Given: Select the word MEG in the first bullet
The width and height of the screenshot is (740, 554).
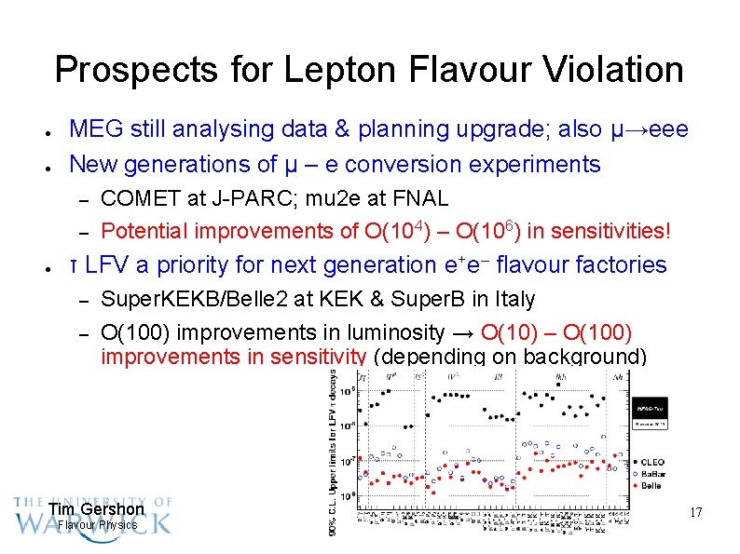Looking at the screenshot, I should click(x=94, y=129).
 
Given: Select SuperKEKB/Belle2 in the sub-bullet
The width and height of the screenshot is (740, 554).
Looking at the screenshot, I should click(x=187, y=300).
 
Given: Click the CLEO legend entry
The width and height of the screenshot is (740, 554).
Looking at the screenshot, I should click(x=664, y=459).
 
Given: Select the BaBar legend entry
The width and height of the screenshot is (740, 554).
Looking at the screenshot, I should click(x=665, y=471).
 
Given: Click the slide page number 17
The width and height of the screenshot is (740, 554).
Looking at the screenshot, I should click(x=694, y=512).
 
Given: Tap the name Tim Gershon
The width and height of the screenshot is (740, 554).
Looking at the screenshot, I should click(x=96, y=509).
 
